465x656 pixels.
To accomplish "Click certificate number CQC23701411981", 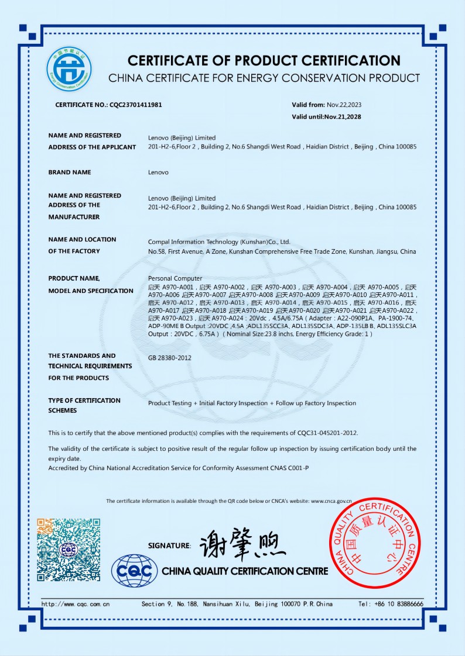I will click(136, 105).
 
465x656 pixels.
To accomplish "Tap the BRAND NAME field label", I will click(70, 172).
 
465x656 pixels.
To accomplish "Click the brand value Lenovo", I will click(158, 172).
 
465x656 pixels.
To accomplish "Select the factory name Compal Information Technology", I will click(219, 241).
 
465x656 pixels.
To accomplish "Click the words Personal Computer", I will click(175, 278).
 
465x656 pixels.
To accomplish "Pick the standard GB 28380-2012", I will click(170, 358).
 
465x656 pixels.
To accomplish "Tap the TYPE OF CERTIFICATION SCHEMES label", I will click(84, 405).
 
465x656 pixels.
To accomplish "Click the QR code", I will click(69, 550).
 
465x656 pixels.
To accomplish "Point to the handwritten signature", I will click(242, 545).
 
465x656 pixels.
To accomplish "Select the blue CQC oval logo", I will click(135, 570).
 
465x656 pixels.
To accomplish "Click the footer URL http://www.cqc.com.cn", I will click(75, 604).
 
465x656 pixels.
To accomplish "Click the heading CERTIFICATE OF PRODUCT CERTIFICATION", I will click(264, 60).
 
